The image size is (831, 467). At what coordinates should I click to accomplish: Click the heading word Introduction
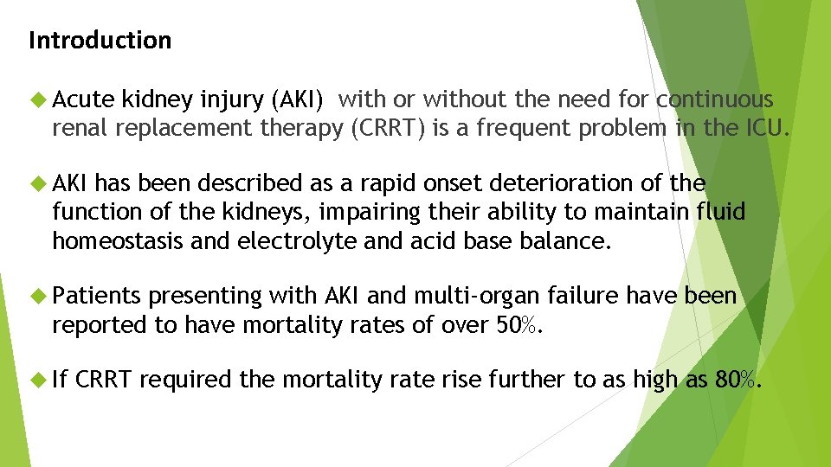pos(100,41)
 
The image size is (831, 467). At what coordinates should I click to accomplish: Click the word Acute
pos(84,100)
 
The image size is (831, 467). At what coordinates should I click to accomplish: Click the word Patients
pos(96,296)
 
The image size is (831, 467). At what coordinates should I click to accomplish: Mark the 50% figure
pos(521,324)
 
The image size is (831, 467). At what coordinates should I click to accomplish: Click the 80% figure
pos(740,379)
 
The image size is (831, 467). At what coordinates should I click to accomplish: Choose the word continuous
pos(714,100)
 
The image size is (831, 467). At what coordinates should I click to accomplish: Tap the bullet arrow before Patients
pos(35,296)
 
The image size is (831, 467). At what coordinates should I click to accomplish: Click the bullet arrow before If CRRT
pos(35,379)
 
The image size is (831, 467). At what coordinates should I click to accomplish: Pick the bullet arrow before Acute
pos(35,100)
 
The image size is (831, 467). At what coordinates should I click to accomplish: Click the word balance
pos(565,240)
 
